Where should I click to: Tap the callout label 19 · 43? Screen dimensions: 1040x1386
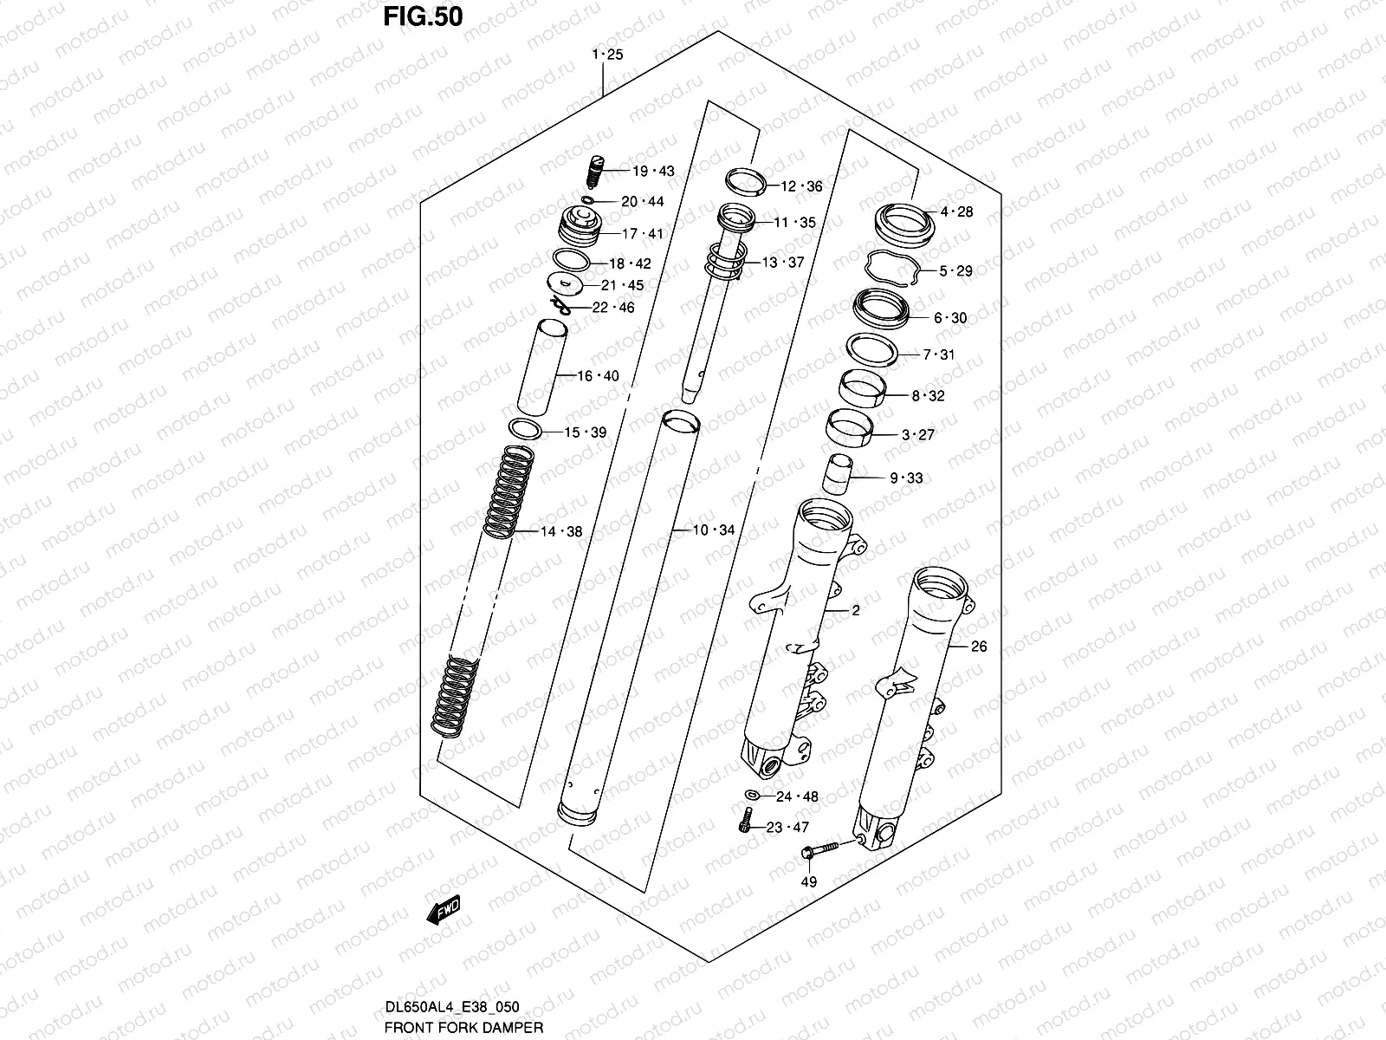(653, 172)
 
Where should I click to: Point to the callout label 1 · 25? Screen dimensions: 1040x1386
(607, 55)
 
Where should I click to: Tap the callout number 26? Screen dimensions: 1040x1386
(979, 646)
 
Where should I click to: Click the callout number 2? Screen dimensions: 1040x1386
(855, 611)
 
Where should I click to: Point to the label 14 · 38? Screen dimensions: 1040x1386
(561, 532)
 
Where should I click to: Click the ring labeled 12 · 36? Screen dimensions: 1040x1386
(748, 181)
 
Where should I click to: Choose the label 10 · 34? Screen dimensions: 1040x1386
(713, 530)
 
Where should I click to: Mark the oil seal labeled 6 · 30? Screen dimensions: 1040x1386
(881, 309)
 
